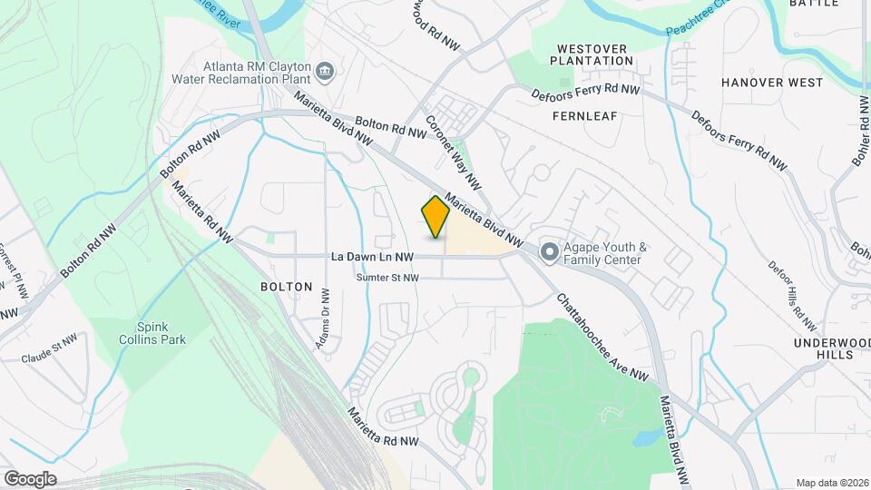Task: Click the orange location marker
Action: tap(435, 216)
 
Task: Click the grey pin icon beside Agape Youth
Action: tap(548, 252)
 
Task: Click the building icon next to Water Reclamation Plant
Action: tap(324, 70)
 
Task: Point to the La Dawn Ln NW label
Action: tap(373, 258)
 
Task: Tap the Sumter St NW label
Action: tap(387, 278)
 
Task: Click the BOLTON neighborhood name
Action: tap(286, 287)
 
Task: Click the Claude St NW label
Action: tap(51, 353)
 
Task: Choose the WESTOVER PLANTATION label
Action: tap(594, 54)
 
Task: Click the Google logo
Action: tap(30, 478)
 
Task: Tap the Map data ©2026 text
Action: tap(832, 483)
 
